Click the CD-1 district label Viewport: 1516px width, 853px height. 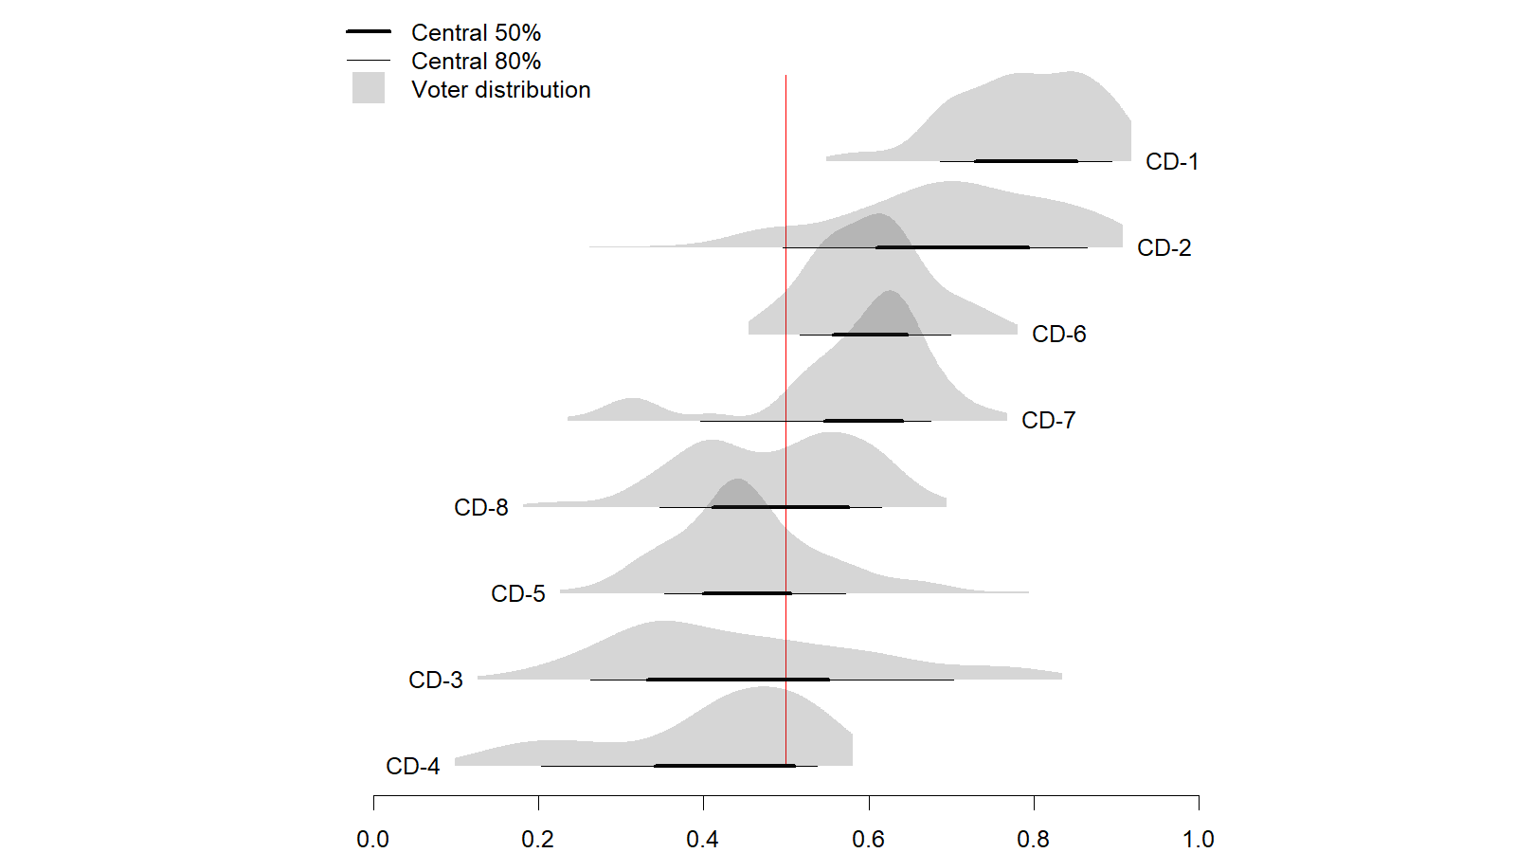click(x=1171, y=162)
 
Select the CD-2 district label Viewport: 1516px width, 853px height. click(x=1164, y=248)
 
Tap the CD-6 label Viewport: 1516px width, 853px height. click(x=1058, y=335)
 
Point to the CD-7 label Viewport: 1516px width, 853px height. click(x=1048, y=421)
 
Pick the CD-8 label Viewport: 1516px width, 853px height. click(x=481, y=508)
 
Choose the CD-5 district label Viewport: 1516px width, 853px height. click(x=518, y=594)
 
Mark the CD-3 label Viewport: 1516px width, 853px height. click(x=436, y=681)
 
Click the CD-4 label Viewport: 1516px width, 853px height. click(x=413, y=767)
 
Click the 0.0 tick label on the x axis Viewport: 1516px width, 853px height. click(x=373, y=840)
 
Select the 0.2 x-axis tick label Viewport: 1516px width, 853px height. click(x=538, y=840)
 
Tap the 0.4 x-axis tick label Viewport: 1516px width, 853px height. click(x=703, y=840)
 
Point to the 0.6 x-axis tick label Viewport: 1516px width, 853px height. click(x=868, y=840)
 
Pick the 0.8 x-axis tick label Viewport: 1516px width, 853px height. click(x=1034, y=840)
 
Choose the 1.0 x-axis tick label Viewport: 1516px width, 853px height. click(x=1199, y=840)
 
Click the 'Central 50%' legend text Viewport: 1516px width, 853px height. click(x=476, y=33)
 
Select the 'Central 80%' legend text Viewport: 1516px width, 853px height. click(x=476, y=62)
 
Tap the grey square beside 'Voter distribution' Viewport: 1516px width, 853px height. click(x=369, y=88)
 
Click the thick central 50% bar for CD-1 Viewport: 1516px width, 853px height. click(x=1026, y=161)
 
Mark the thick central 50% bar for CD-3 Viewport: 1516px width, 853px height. click(x=738, y=680)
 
